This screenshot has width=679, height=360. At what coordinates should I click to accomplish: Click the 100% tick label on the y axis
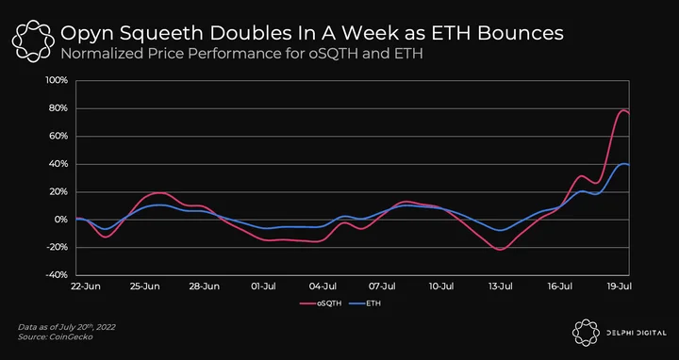click(x=57, y=80)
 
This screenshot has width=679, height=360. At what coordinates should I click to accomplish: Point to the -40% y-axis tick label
click(x=57, y=275)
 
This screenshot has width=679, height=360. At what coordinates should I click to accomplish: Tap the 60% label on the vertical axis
click(x=58, y=136)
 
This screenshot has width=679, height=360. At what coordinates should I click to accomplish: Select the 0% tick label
click(x=61, y=220)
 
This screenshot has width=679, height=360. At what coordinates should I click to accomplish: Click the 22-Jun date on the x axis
click(x=86, y=286)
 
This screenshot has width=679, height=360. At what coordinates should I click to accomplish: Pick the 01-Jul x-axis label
click(x=263, y=286)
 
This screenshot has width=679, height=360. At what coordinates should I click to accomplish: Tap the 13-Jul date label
click(x=501, y=286)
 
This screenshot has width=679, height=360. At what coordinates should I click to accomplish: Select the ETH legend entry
click(x=365, y=303)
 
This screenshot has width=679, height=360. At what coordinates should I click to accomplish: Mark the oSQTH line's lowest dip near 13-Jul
click(x=501, y=250)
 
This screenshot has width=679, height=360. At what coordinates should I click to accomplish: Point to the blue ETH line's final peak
click(x=624, y=164)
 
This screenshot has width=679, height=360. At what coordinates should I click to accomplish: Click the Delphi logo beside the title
click(x=33, y=41)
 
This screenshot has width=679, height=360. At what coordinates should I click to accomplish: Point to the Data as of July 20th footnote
click(x=67, y=327)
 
